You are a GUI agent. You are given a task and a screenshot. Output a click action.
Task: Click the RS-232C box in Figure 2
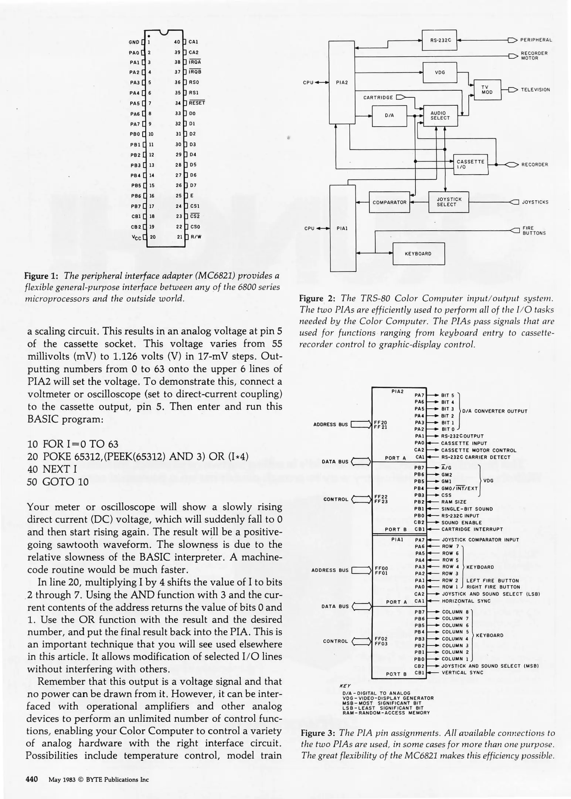439,40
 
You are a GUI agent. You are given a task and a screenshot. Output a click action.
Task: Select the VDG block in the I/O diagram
439,73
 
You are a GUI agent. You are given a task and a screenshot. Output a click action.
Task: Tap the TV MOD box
487,90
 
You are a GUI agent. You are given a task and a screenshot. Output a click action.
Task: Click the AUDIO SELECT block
440,115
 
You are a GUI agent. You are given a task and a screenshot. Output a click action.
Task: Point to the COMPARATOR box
389,202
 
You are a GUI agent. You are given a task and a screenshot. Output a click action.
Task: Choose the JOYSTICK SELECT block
449,202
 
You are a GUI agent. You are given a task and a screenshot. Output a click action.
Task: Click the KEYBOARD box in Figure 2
418,254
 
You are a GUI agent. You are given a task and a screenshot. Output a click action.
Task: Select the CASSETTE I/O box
470,164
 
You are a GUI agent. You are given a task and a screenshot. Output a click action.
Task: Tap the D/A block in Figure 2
389,115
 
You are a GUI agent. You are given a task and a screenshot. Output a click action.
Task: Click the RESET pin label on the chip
197,103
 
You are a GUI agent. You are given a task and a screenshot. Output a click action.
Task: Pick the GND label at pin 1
134,42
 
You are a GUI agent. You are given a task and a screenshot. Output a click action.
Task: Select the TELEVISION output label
535,90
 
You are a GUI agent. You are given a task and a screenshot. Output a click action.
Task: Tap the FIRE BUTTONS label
534,230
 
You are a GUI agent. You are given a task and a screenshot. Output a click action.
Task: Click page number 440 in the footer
32,779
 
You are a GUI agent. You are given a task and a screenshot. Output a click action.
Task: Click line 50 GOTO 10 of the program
58,482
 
